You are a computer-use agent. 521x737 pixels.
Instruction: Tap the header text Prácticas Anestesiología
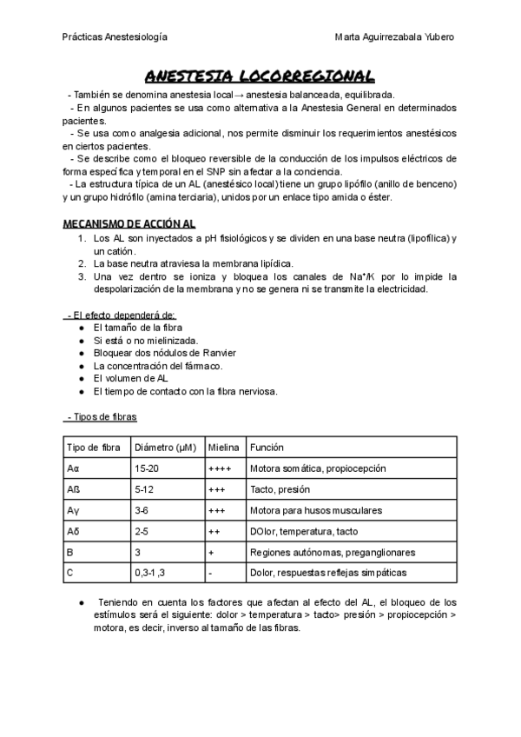115,37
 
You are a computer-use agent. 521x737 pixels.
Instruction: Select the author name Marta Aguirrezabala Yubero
393,37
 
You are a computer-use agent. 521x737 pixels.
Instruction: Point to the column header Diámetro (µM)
165,448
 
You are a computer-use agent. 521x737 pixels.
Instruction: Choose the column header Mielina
223,448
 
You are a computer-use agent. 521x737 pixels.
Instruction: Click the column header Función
267,448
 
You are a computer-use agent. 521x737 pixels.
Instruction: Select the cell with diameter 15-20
146,468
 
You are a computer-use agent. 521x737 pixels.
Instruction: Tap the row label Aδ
74,531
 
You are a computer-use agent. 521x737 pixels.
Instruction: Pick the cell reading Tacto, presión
280,489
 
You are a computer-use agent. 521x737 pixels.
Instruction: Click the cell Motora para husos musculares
315,510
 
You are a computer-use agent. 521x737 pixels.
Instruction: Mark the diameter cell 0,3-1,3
150,573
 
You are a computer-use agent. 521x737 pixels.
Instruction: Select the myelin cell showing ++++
220,468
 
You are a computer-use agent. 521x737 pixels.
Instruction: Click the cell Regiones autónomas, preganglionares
332,552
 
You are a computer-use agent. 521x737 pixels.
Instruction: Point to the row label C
70,573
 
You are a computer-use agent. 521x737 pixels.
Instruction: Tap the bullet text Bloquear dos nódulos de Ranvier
164,353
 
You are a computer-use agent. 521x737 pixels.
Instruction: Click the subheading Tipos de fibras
101,417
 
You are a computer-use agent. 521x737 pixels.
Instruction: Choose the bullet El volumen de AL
130,379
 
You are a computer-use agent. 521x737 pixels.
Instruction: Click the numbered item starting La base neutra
193,263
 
